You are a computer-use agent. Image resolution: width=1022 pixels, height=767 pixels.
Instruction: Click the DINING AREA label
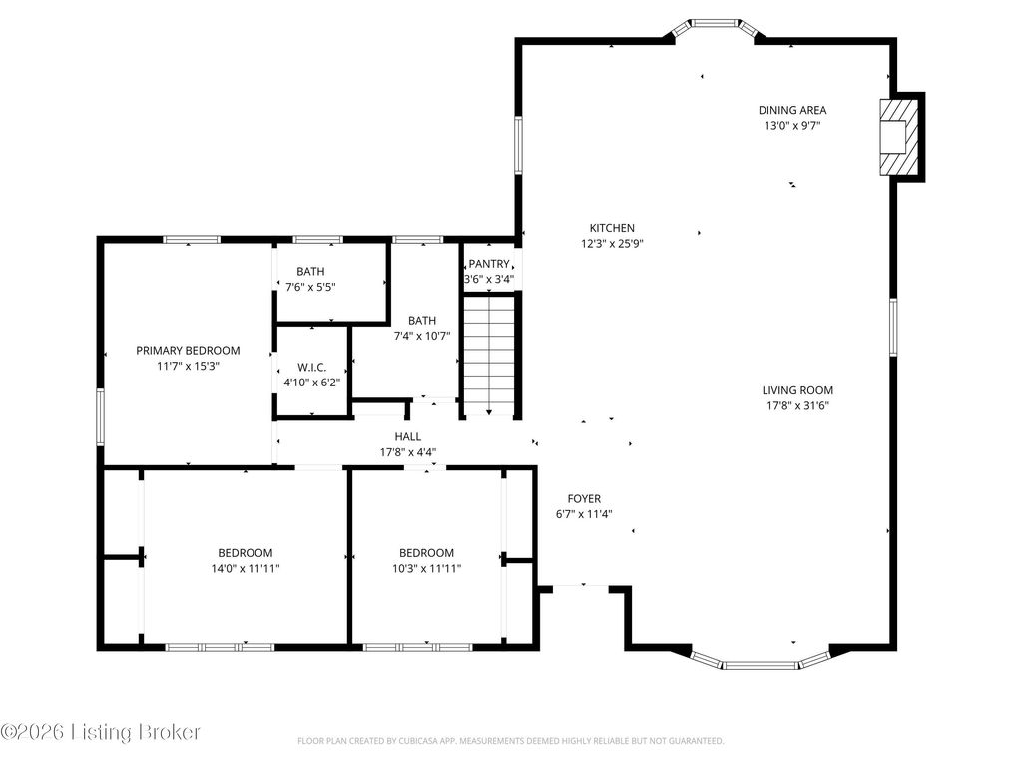pyautogui.click(x=791, y=110)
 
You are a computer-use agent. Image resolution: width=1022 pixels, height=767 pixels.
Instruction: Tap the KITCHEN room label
pyautogui.click(x=612, y=228)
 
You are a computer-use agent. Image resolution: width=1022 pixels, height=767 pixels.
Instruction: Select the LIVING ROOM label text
pyautogui.click(x=797, y=390)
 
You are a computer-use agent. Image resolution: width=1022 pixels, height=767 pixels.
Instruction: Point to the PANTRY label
pyautogui.click(x=489, y=264)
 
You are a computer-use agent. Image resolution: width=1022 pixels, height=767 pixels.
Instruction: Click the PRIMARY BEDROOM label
pyautogui.click(x=188, y=351)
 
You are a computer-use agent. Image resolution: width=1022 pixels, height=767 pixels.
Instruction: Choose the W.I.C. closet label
pyautogui.click(x=311, y=368)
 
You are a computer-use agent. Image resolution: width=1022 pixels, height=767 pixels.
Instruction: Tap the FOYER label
pyautogui.click(x=584, y=499)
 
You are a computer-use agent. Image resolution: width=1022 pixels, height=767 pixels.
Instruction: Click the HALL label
pyautogui.click(x=408, y=437)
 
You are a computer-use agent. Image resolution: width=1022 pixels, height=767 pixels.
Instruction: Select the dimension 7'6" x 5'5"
pyautogui.click(x=310, y=287)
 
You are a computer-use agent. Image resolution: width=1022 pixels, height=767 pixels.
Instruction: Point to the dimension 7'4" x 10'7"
pyautogui.click(x=422, y=336)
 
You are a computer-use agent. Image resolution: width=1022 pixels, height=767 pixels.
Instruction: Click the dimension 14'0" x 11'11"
pyautogui.click(x=246, y=568)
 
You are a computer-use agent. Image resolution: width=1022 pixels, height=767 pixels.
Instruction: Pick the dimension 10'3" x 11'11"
pyautogui.click(x=426, y=568)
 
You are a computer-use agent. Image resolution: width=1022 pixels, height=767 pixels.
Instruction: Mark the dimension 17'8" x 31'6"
pyautogui.click(x=797, y=406)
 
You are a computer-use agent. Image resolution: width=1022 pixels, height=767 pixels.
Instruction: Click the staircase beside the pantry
pyautogui.click(x=489, y=356)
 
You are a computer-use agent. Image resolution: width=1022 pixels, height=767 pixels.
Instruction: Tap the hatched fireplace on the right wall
pyautogui.click(x=899, y=137)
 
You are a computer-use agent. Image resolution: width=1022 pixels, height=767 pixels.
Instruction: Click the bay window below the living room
pyautogui.click(x=760, y=660)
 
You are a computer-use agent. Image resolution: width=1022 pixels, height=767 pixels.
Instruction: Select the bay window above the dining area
pyautogui.click(x=715, y=27)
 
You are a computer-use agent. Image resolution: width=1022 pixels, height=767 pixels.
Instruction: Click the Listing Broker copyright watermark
pyautogui.click(x=101, y=732)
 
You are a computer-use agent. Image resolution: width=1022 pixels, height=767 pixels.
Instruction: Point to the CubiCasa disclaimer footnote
pyautogui.click(x=510, y=741)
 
